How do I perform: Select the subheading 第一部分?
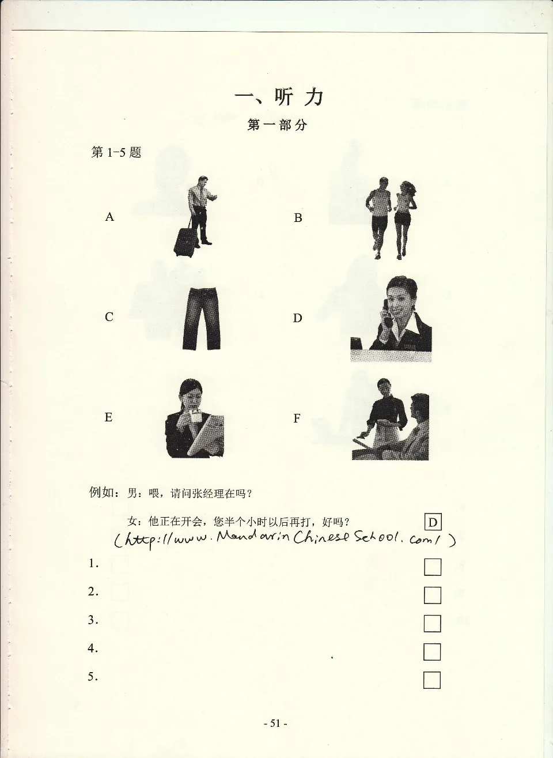click(x=277, y=125)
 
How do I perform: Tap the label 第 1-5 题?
click(x=116, y=152)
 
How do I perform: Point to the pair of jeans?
click(x=202, y=318)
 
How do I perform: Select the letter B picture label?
click(x=298, y=217)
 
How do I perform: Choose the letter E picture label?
click(x=108, y=417)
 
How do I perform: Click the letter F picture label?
click(x=297, y=418)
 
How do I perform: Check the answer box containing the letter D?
click(x=433, y=522)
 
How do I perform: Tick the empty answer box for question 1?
click(x=433, y=567)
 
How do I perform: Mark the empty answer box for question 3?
click(x=432, y=624)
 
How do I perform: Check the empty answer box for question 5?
click(x=432, y=681)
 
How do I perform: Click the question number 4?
click(x=93, y=648)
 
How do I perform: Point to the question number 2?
click(x=93, y=591)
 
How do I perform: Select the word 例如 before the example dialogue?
click(x=101, y=492)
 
